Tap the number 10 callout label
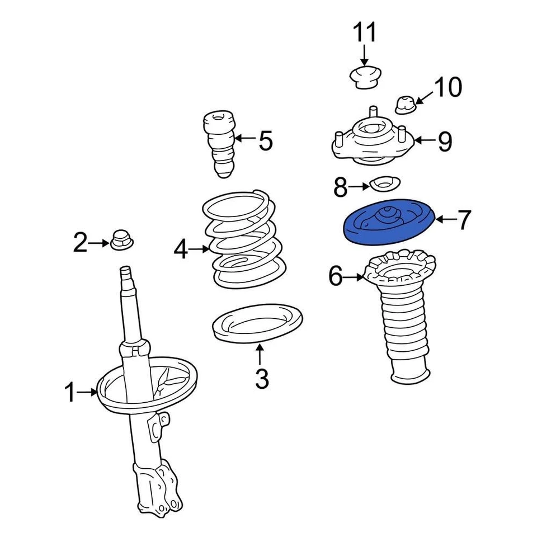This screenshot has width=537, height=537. (447, 87)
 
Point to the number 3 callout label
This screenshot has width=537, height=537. (261, 379)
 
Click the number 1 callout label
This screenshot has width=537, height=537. (70, 393)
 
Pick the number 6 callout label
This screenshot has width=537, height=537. (335, 276)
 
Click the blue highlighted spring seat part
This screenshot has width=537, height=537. (389, 222)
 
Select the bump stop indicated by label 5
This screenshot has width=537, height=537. (220, 144)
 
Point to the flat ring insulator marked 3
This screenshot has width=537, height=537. (258, 324)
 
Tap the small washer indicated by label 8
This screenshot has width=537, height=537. (384, 183)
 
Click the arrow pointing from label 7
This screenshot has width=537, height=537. (446, 220)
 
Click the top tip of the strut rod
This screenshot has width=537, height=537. (126, 270)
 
